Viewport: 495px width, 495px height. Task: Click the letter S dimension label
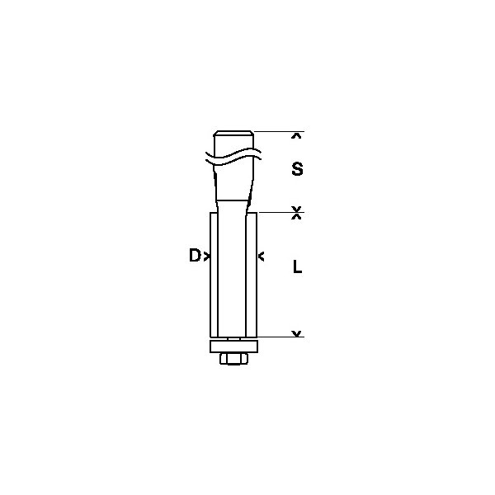click(297, 169)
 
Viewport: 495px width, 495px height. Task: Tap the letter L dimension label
click(297, 267)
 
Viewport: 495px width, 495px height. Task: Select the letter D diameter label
click(195, 255)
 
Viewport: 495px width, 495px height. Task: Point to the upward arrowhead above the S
click(296, 136)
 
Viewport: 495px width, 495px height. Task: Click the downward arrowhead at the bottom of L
click(296, 333)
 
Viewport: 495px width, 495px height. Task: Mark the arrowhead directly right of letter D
click(207, 257)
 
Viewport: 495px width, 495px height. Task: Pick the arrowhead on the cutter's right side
click(261, 257)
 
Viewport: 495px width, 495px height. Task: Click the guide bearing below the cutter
click(234, 346)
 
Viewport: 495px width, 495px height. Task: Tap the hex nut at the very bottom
click(234, 359)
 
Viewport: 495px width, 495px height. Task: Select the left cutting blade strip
click(214, 275)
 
